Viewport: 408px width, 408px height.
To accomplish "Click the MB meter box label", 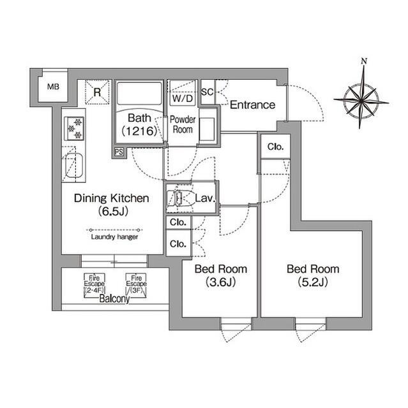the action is (x=53, y=87).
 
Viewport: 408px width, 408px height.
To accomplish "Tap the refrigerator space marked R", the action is (x=97, y=92).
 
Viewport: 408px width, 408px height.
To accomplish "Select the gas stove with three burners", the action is (x=74, y=129).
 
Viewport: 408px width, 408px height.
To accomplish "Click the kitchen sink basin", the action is (x=73, y=166).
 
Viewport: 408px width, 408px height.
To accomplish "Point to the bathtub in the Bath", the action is (x=139, y=94).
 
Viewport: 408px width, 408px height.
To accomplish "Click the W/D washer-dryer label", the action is (x=183, y=98).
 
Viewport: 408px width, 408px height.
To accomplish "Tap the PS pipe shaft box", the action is (x=119, y=152).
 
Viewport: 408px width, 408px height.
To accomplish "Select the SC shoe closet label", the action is (x=208, y=92).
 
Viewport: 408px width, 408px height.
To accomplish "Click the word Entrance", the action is (x=252, y=105).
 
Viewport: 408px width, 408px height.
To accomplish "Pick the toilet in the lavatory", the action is (x=174, y=198).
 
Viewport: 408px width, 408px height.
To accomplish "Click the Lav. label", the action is (x=205, y=198).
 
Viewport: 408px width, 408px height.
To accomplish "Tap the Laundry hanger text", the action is (x=114, y=237).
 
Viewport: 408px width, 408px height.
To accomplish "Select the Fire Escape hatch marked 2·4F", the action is (x=94, y=286).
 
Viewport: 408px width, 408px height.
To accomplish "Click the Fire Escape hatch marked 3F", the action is (x=136, y=286).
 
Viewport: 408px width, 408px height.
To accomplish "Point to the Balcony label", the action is (x=114, y=299).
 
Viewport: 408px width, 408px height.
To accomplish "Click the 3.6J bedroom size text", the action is (x=221, y=282).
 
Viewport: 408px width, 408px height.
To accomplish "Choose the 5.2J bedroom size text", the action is (x=313, y=282).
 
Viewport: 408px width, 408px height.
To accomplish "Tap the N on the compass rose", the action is (x=364, y=61).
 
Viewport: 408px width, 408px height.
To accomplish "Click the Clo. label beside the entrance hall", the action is (x=275, y=147).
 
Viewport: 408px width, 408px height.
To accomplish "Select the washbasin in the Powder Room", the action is (x=208, y=129).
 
